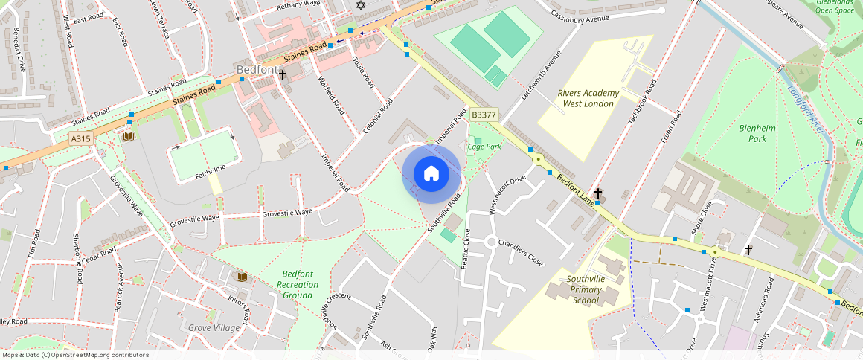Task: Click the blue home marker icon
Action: point(431,174)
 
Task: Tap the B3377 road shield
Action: point(484,115)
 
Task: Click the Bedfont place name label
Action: point(257,70)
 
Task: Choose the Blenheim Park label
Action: point(757,133)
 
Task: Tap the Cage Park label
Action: point(484,147)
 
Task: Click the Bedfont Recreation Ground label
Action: point(298,285)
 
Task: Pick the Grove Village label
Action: point(214,328)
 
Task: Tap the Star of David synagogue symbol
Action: point(362,5)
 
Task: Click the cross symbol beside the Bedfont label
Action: point(283,73)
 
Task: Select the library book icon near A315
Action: point(128,136)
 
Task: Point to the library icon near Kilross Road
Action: point(241,277)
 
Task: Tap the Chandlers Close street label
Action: point(521,253)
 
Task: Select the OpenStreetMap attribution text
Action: point(74,355)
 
